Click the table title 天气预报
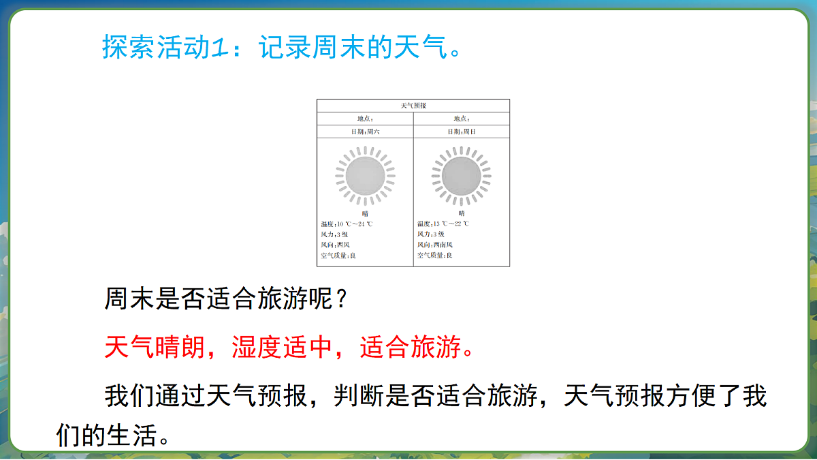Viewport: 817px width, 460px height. click(413, 106)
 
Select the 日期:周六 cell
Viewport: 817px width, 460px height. click(365, 132)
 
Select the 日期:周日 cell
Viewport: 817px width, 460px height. click(461, 132)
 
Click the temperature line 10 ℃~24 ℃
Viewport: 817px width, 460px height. click(347, 224)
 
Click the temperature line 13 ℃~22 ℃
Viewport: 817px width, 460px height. click(443, 224)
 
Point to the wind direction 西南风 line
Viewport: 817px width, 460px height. click(435, 244)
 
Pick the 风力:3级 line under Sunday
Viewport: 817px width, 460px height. click(431, 234)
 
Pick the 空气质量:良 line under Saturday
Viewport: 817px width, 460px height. click(338, 255)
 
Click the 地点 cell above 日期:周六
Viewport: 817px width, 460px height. click(365, 119)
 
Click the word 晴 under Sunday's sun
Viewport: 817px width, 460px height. click(462, 213)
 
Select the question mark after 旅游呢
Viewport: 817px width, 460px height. click(345, 299)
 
